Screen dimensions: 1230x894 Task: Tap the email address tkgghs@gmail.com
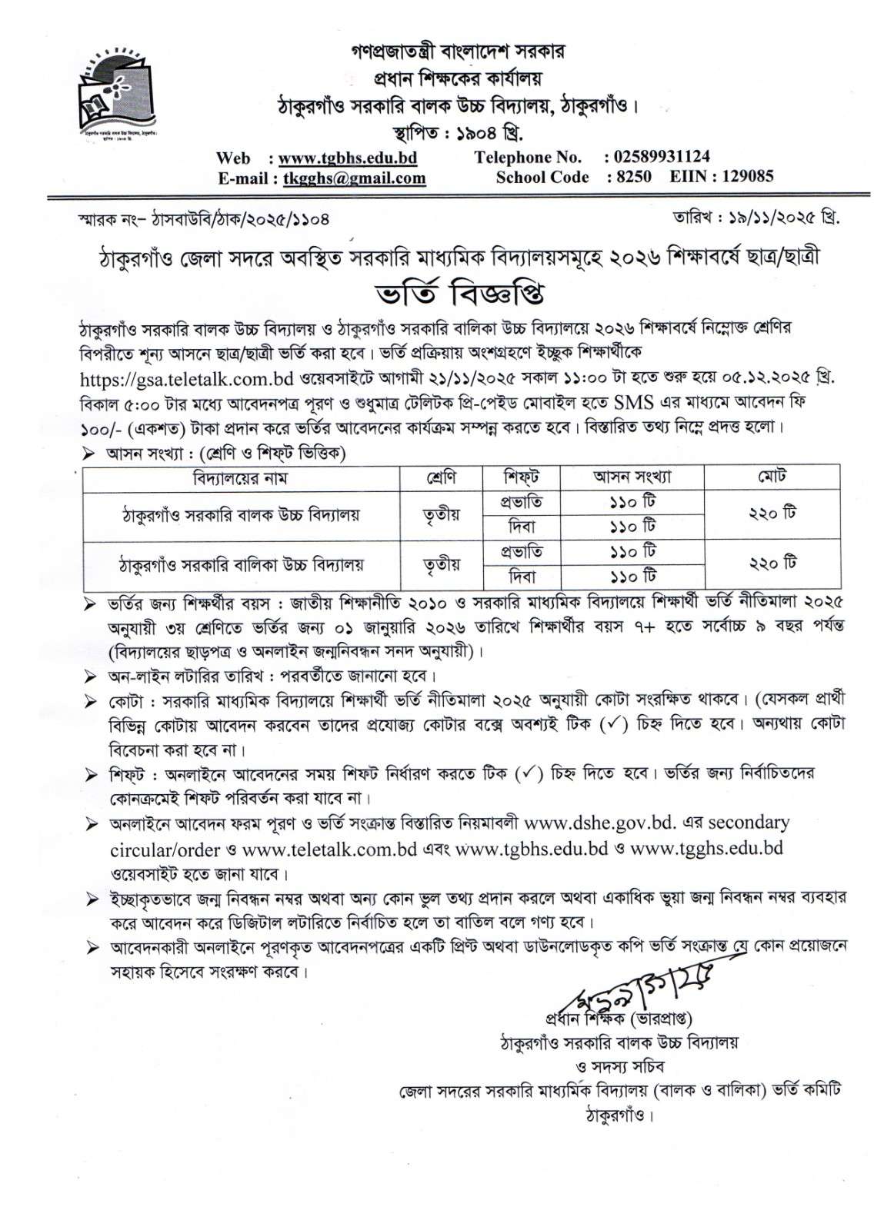pyautogui.click(x=354, y=178)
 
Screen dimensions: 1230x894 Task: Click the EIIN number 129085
pyautogui.click(x=744, y=177)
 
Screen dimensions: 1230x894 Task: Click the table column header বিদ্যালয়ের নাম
pyautogui.click(x=242, y=477)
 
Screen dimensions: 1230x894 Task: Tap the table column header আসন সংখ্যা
pyautogui.click(x=632, y=477)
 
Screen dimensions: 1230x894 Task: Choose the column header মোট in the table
pyautogui.click(x=772, y=477)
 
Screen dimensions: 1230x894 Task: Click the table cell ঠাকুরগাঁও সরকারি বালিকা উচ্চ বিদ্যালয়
pyautogui.click(x=242, y=564)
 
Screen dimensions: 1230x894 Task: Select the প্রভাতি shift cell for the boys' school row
pyautogui.click(x=522, y=502)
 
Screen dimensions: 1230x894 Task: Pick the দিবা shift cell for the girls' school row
pyautogui.click(x=522, y=577)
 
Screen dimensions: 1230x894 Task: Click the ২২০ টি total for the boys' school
pyautogui.click(x=772, y=514)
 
